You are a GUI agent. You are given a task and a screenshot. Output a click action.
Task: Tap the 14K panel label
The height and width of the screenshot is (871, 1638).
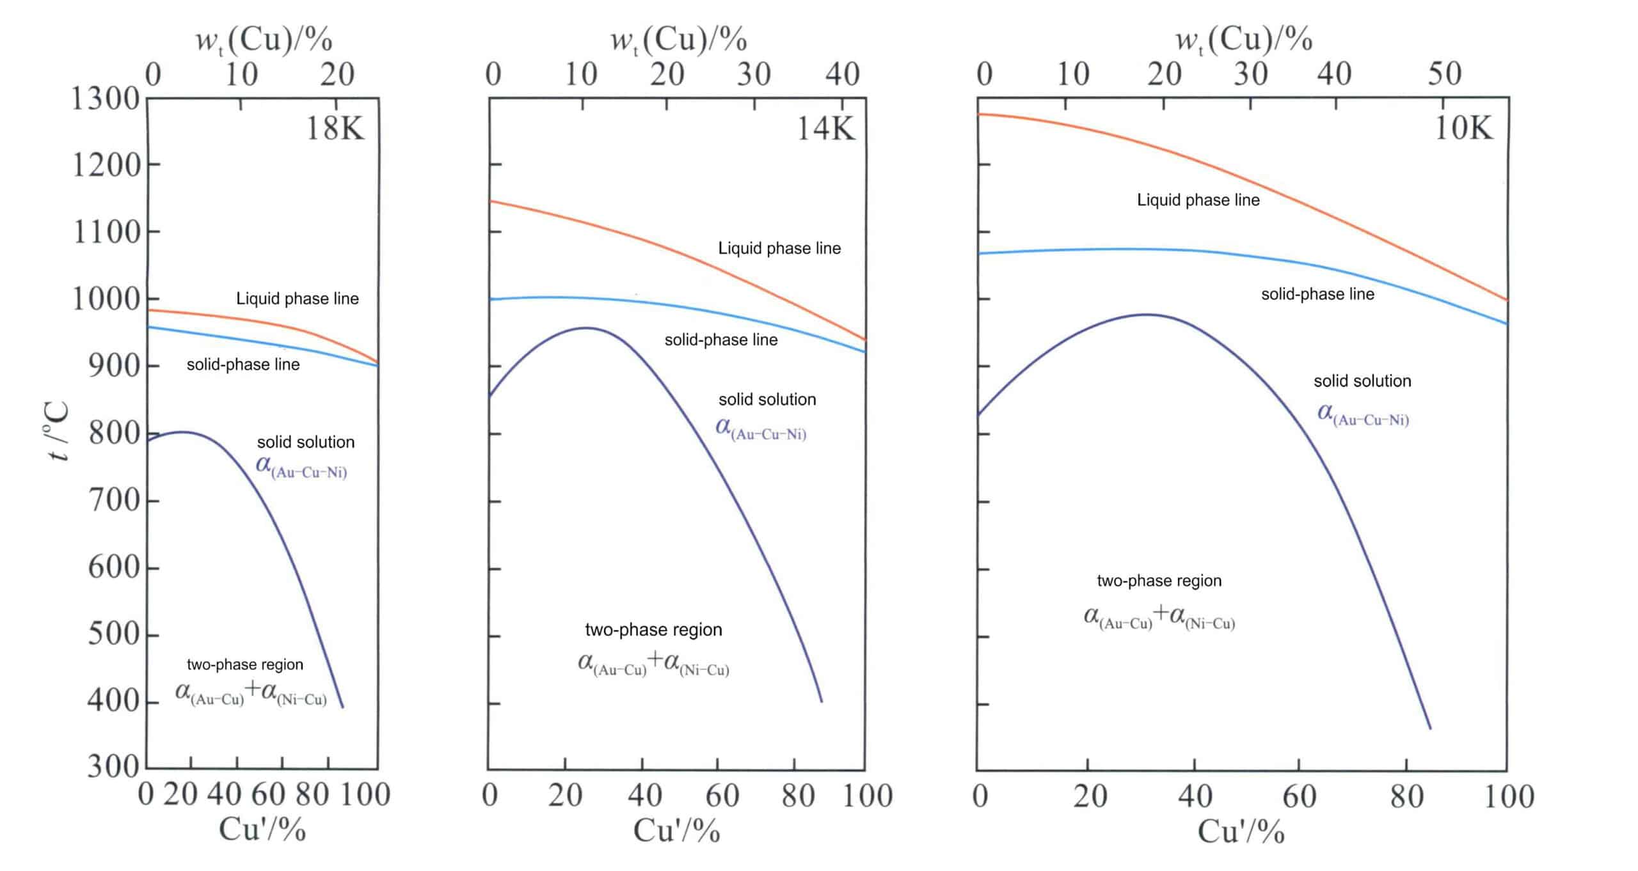[x=825, y=129]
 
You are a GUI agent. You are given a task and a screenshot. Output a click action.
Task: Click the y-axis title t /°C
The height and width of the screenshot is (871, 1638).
[x=58, y=432]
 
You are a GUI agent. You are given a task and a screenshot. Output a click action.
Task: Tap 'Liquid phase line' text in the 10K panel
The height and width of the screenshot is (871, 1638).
[x=1198, y=200]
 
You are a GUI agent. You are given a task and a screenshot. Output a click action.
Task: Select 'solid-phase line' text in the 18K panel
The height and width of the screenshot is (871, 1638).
[x=243, y=365]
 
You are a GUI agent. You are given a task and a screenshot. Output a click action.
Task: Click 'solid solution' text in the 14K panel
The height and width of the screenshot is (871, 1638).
[x=767, y=400]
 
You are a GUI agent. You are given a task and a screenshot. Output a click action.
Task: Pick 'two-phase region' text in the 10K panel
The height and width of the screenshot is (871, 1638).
[x=1159, y=581]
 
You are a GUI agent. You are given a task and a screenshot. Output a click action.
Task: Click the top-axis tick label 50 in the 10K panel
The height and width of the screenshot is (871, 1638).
[x=1444, y=74]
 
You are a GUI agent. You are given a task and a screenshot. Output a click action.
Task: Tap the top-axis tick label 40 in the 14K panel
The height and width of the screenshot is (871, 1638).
[x=842, y=74]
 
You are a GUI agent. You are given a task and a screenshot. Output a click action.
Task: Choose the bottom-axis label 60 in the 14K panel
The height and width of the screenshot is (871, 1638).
[x=722, y=796]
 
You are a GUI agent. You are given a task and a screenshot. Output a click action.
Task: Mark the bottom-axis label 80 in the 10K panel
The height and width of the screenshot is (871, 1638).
[x=1406, y=797]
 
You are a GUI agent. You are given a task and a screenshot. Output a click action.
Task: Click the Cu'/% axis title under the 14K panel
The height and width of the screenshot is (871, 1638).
[x=676, y=831]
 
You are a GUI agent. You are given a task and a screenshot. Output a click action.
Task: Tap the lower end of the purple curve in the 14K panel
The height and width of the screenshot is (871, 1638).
[x=822, y=702]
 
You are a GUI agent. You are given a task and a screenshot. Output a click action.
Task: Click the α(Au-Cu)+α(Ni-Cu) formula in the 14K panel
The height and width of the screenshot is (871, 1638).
[x=653, y=664]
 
